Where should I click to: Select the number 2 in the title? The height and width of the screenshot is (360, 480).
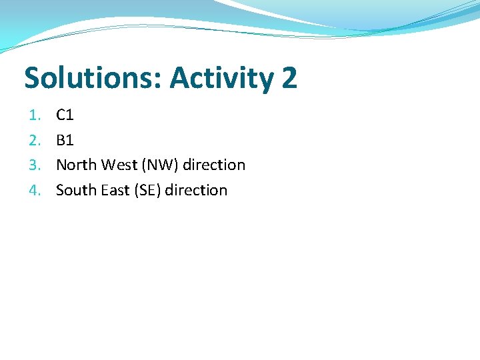pos(289,78)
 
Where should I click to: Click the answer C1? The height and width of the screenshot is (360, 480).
pos(65,115)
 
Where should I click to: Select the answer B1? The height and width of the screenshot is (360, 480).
pos(65,140)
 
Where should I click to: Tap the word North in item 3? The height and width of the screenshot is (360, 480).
pos(76,165)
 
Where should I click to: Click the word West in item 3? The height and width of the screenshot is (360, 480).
pos(118,165)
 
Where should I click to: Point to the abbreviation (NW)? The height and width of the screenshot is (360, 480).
pos(158,165)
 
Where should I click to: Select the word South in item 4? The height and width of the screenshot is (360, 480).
pos(76,190)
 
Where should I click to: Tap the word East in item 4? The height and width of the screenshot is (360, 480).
pos(115,190)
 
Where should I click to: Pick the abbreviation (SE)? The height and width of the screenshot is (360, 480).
pos(147,190)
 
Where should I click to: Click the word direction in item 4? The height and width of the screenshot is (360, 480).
pos(196,190)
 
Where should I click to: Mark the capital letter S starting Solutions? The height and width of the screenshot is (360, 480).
pos(32,78)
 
